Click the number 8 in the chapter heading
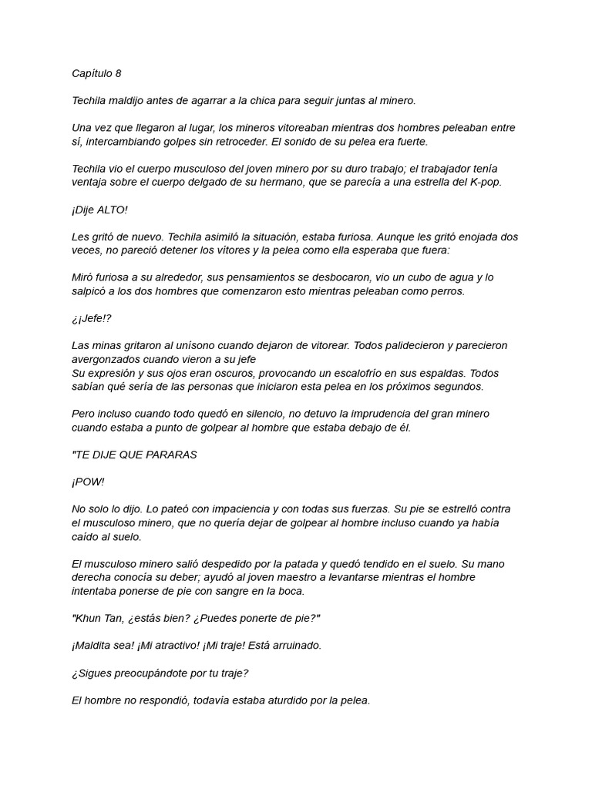coord(118,73)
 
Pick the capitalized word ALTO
coord(113,210)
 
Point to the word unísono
coord(208,345)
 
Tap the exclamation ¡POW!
coord(89,482)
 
